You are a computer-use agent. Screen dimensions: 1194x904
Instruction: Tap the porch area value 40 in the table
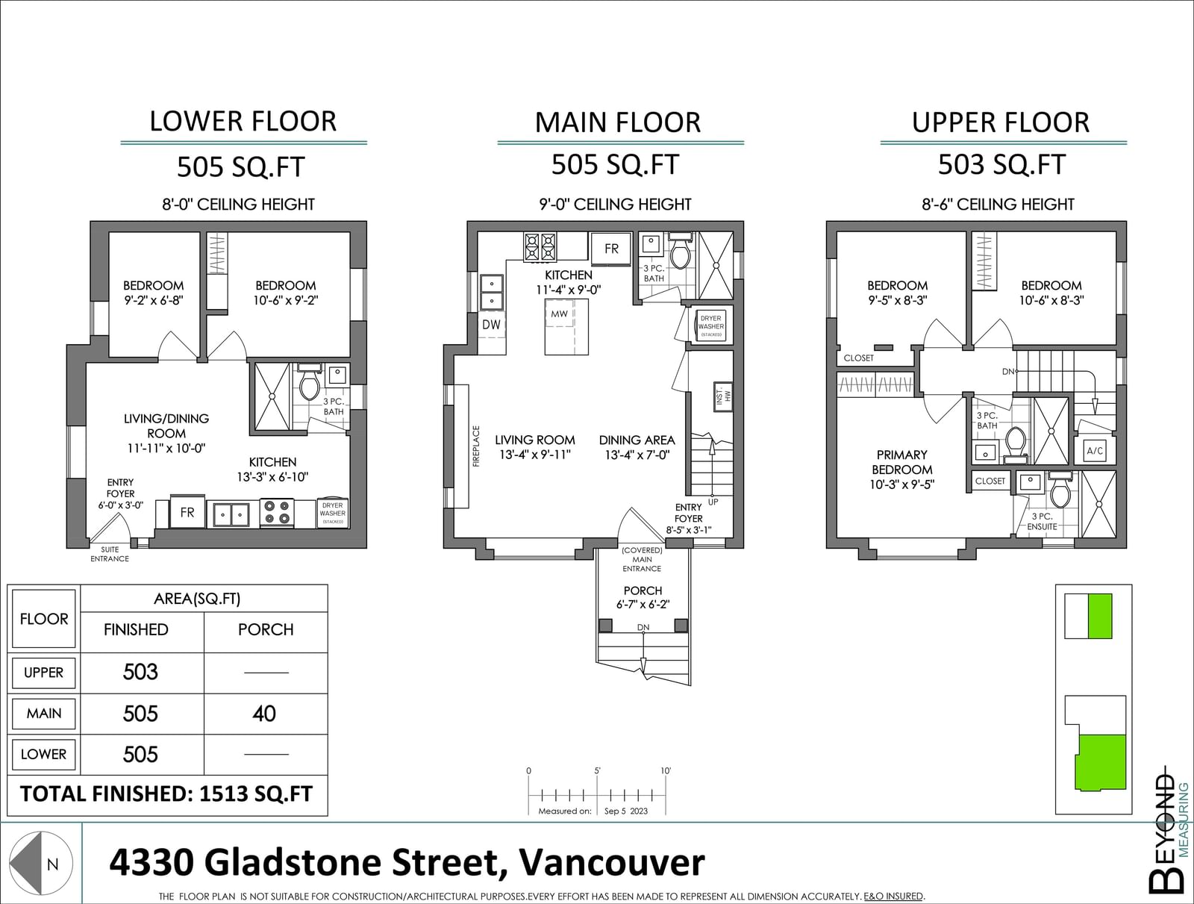coord(264,714)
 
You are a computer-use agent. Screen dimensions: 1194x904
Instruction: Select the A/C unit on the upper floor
coord(1095,450)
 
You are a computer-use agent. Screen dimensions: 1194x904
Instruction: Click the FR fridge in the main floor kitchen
coord(611,249)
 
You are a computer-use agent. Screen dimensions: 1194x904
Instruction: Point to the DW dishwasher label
coord(491,325)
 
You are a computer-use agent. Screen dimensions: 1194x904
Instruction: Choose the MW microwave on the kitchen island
coord(559,314)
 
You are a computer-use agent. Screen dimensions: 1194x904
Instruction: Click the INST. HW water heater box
coord(723,396)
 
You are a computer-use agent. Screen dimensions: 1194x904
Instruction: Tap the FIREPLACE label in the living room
coord(477,446)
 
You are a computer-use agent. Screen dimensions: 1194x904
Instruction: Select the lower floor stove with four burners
coord(277,512)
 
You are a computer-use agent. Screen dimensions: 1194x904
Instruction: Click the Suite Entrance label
coord(110,554)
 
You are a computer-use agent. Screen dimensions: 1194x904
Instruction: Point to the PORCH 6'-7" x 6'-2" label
coord(643,597)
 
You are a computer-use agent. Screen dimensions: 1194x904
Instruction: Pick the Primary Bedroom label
coord(902,462)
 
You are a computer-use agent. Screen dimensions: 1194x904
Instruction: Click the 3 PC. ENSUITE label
coord(1043,521)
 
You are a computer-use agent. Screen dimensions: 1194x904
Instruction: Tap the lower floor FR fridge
coord(187,512)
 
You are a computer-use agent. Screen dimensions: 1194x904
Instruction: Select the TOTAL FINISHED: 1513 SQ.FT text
coord(166,794)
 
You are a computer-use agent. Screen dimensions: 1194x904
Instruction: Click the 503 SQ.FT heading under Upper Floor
coord(1001,164)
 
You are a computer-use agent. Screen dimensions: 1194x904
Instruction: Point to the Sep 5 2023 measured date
coord(626,811)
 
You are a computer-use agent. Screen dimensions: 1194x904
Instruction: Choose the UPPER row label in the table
coord(43,673)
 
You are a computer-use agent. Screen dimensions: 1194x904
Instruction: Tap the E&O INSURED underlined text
coord(893,897)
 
